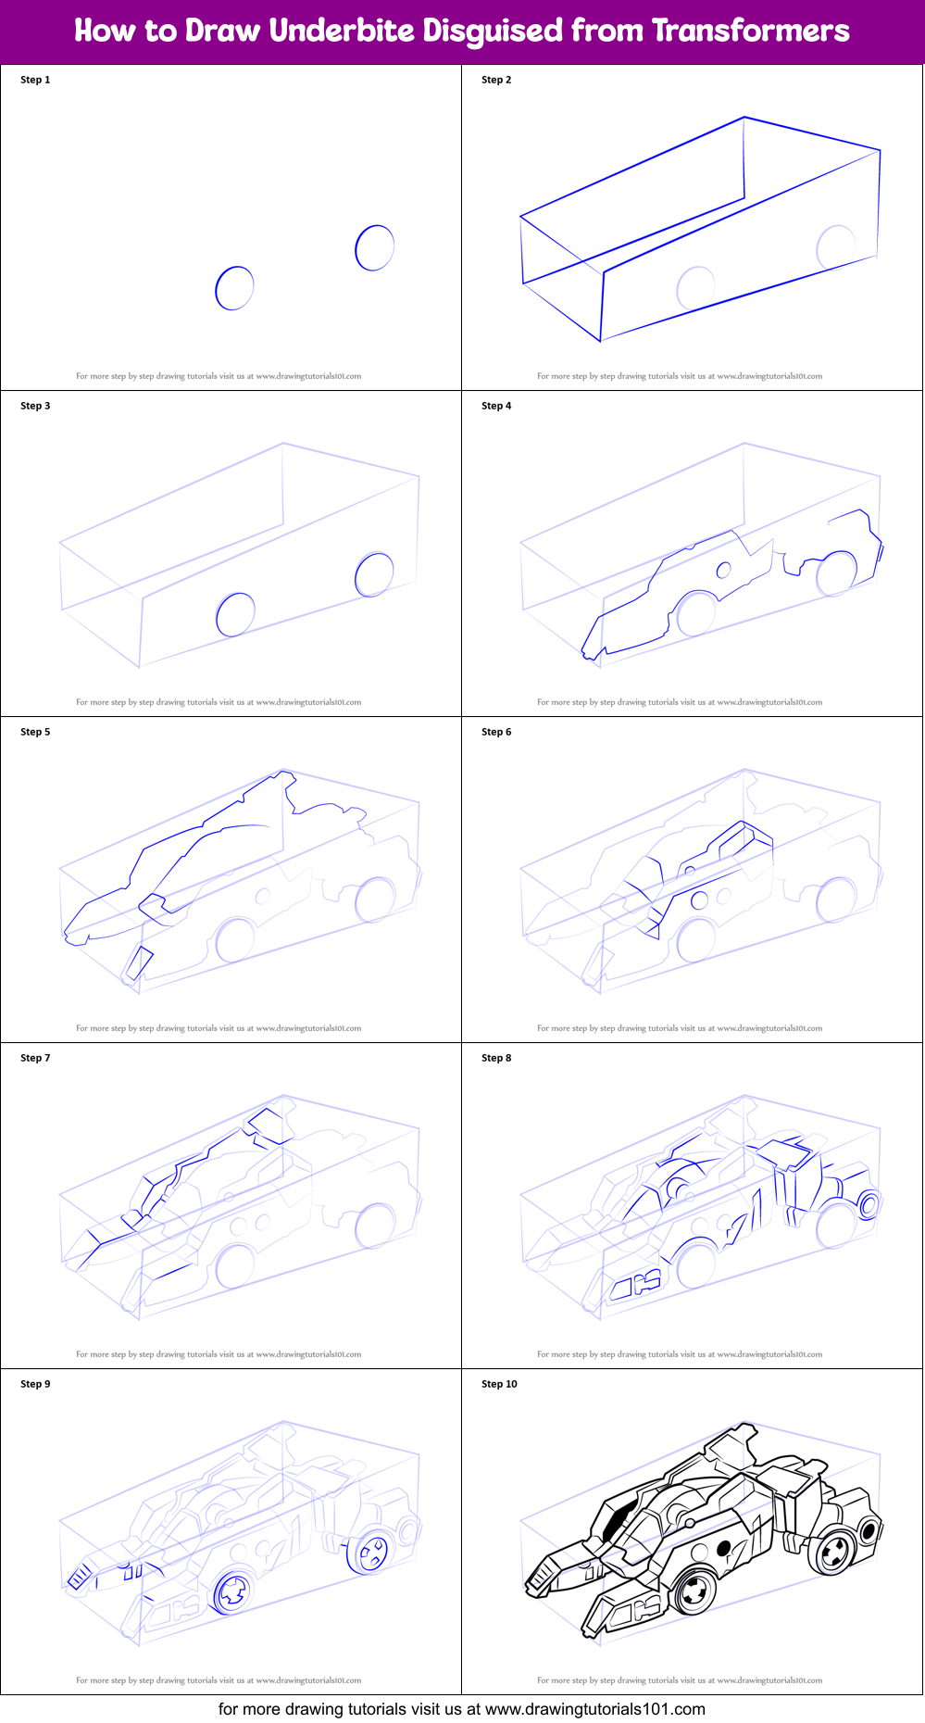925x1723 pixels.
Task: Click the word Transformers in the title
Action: coord(750,31)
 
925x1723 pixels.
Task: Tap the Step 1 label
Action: coord(35,80)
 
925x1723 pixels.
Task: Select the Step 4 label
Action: coord(496,406)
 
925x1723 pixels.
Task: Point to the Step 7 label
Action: coord(35,1058)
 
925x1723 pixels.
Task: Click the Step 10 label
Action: coord(499,1384)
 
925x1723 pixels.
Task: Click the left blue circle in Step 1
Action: coord(234,288)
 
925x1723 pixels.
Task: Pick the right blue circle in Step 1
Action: coord(374,247)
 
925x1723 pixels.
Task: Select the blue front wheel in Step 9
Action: coord(233,1591)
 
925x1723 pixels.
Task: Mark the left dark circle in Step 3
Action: coord(235,614)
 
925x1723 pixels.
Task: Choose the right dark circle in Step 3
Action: coord(374,574)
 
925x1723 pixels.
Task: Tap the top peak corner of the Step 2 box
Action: coord(744,118)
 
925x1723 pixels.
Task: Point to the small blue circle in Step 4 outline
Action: coord(724,570)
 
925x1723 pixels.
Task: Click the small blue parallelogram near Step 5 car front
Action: coord(140,963)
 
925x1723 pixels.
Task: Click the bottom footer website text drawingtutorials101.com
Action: coord(594,1709)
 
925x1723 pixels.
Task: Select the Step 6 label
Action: coord(496,732)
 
